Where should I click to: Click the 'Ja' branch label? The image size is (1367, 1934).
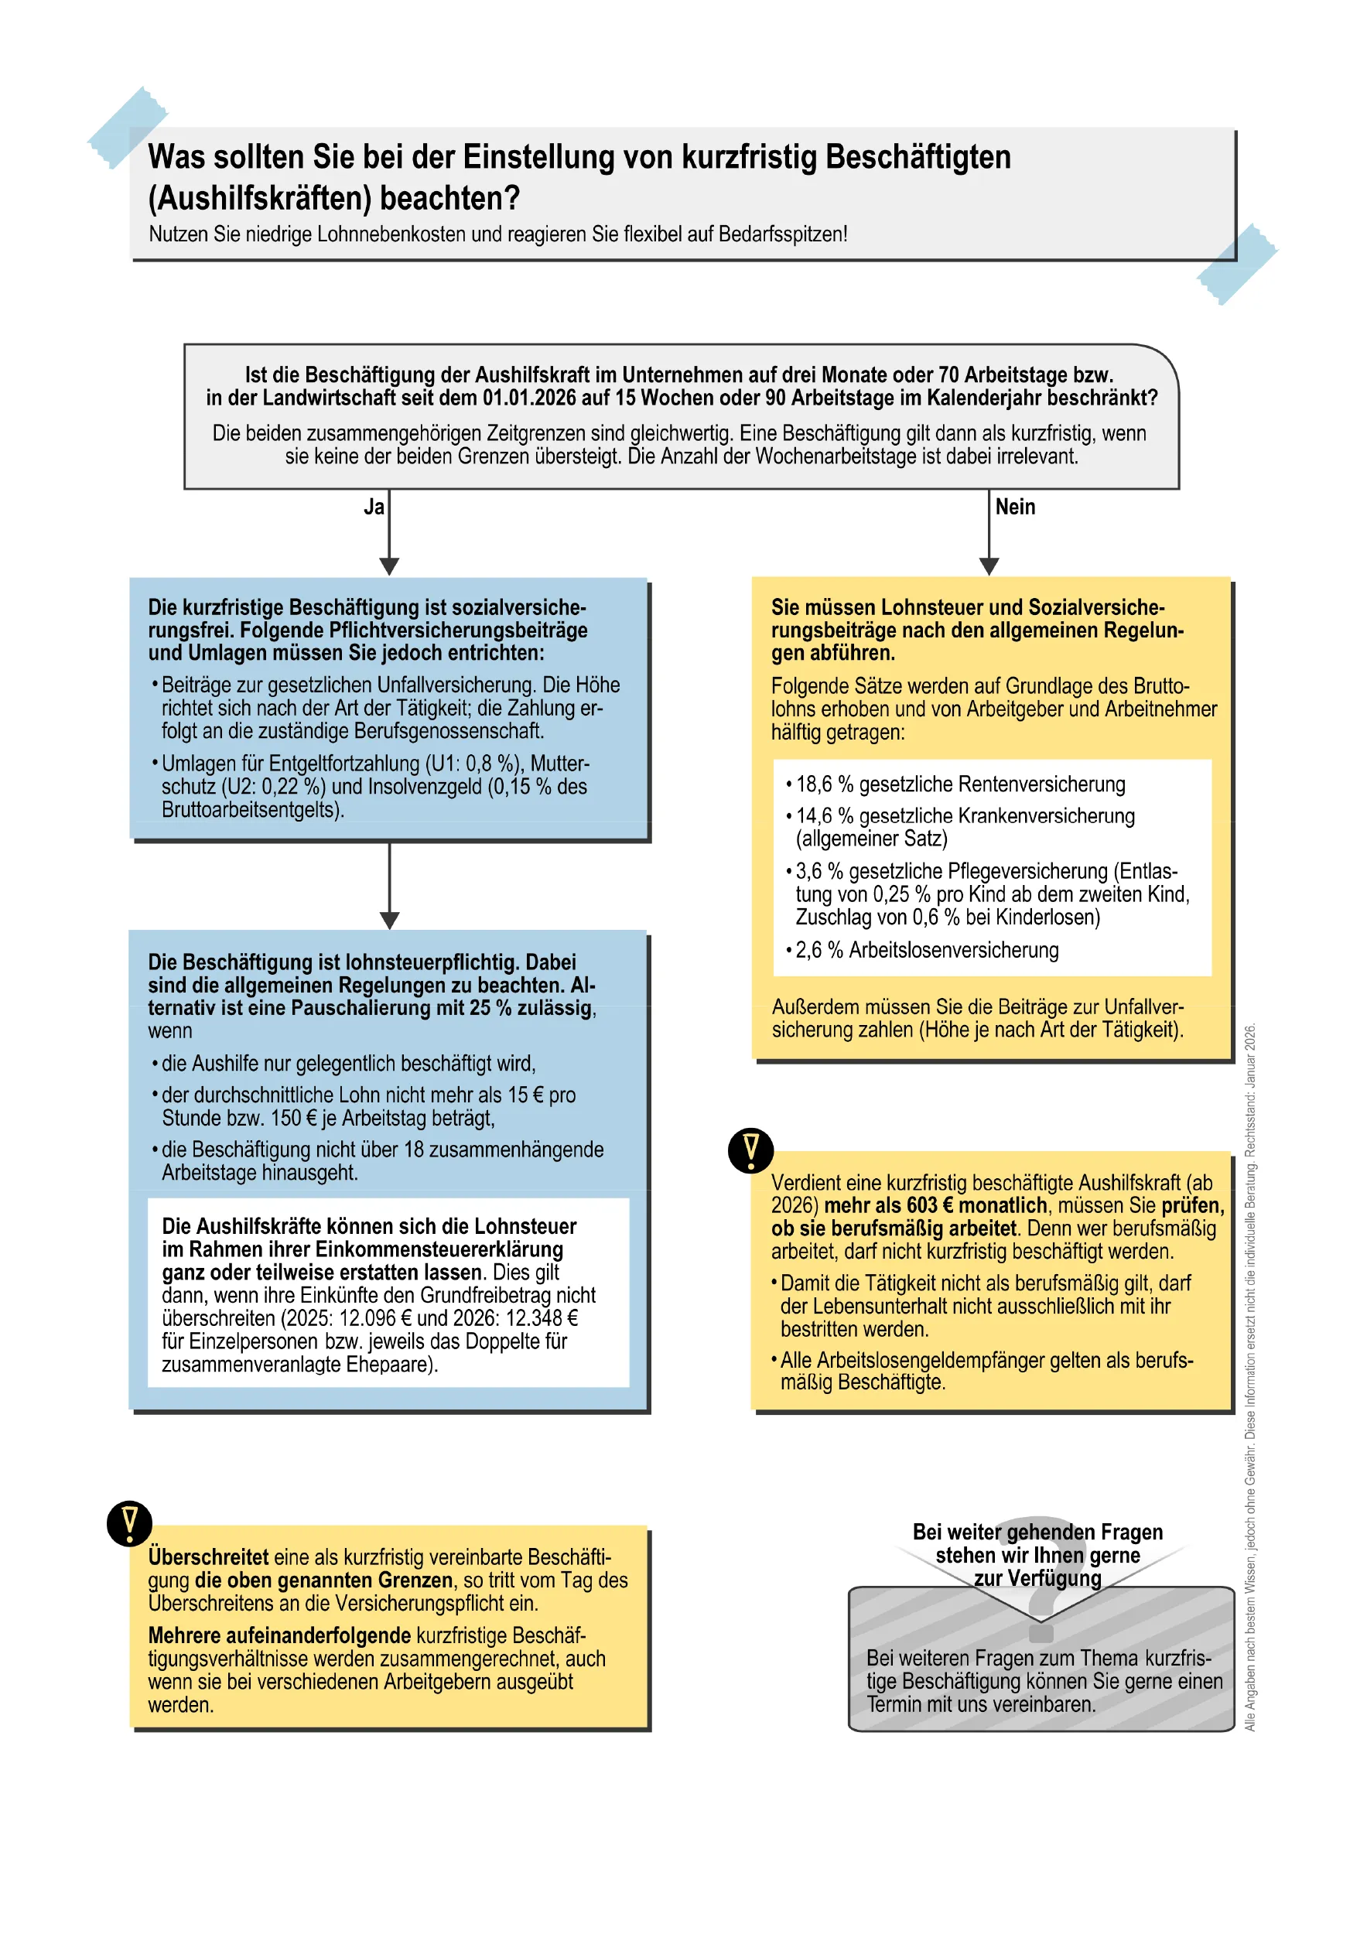(374, 507)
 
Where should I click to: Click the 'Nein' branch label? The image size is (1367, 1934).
(1015, 507)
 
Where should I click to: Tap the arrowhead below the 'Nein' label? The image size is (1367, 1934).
(989, 566)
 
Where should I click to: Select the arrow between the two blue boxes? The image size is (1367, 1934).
(389, 884)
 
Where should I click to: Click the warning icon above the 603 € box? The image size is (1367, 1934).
(750, 1150)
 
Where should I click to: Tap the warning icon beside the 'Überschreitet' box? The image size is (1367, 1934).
(130, 1523)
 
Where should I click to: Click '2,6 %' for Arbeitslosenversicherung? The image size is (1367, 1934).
(818, 950)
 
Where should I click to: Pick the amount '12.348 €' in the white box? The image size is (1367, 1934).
(542, 1318)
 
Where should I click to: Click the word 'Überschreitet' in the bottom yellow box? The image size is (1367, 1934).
(208, 1557)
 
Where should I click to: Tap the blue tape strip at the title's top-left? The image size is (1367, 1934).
(127, 126)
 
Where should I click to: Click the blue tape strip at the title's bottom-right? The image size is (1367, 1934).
(1237, 264)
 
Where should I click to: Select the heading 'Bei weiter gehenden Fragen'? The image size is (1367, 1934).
(1037, 1533)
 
